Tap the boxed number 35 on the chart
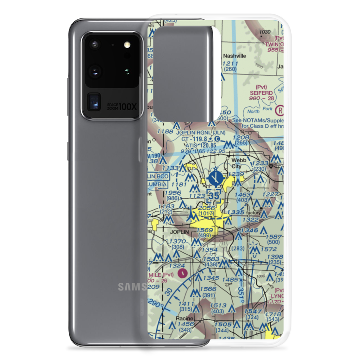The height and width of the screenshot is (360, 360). [x=214, y=196]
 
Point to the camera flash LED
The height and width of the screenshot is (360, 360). [x=126, y=45]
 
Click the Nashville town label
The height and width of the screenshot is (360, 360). [x=234, y=56]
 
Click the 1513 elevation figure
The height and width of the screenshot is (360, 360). [x=219, y=306]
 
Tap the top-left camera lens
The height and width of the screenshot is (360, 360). [x=95, y=45]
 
